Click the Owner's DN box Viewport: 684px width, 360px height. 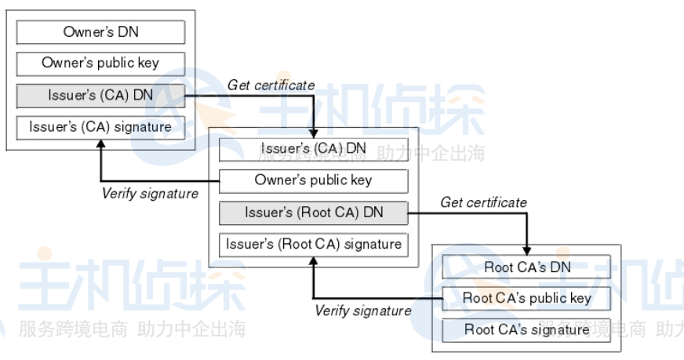(x=100, y=32)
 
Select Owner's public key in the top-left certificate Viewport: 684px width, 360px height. (x=100, y=64)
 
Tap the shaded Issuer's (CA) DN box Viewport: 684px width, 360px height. (x=100, y=96)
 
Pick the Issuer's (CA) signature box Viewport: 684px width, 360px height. (x=100, y=127)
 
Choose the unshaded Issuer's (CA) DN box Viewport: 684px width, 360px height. (x=313, y=148)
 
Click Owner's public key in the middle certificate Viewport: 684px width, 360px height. (x=313, y=180)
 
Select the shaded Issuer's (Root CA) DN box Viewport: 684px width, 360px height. (x=313, y=212)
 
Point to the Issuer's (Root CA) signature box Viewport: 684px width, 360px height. (x=313, y=244)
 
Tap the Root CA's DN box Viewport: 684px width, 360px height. (x=527, y=267)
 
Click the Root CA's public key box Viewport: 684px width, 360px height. (x=527, y=298)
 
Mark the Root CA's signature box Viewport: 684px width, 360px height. (x=527, y=329)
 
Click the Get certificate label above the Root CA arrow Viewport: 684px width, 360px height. (x=483, y=202)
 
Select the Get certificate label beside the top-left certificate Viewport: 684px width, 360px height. (x=271, y=85)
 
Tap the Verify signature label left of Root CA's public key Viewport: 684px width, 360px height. (x=362, y=311)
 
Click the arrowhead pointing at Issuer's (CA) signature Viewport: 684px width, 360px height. (x=100, y=145)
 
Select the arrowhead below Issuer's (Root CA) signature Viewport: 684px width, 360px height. (x=313, y=261)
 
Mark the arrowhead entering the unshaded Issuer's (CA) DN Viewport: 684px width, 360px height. (x=313, y=133)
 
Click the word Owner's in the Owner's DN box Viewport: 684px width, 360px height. (x=85, y=32)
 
